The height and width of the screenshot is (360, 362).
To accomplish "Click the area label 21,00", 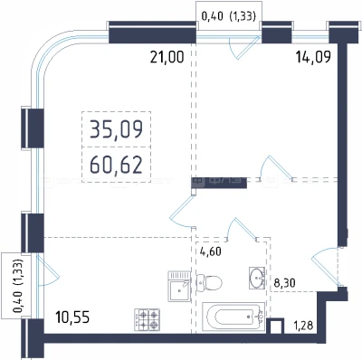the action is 167,57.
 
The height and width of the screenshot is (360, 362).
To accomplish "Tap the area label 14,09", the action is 313,56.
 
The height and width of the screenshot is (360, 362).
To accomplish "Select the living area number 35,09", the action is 117,129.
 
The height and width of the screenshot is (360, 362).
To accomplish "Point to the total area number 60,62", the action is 117,166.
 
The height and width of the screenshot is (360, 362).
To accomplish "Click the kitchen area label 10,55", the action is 72,317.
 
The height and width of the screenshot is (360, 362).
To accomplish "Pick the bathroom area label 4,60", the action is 211,251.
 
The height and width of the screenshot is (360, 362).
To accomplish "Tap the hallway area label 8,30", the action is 284,283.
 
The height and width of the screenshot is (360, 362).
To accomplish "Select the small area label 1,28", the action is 303,326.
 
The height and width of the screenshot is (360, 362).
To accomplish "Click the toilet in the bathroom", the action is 209,283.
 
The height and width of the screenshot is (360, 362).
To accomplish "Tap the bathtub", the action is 233,317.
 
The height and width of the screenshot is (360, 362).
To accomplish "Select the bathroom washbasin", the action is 257,278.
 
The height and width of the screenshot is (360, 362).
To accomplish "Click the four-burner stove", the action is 147,319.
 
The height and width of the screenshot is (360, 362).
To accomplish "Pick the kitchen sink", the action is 179,286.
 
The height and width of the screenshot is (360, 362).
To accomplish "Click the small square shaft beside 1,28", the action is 276,327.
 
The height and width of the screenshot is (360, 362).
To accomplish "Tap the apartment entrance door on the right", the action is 328,266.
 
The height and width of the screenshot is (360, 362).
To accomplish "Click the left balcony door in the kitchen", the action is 48,270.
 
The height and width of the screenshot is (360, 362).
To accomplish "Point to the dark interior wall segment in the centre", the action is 219,183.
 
